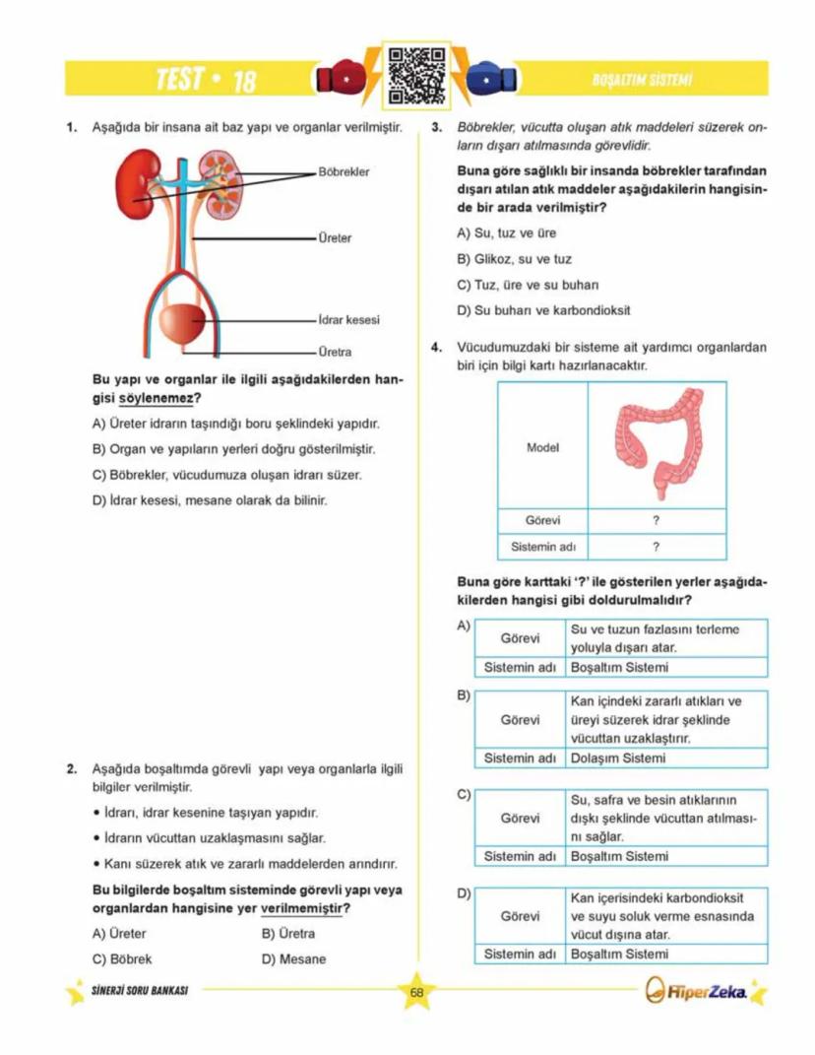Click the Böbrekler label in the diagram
pos(344,171)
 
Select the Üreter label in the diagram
pos(335,238)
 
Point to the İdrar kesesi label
pos(348,320)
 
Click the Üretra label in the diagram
pos(335,352)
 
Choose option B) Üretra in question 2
pos(288,934)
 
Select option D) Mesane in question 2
pos(293,958)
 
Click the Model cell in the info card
pos(542,447)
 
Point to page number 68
pos(416,992)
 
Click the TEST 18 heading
pos(207,80)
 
